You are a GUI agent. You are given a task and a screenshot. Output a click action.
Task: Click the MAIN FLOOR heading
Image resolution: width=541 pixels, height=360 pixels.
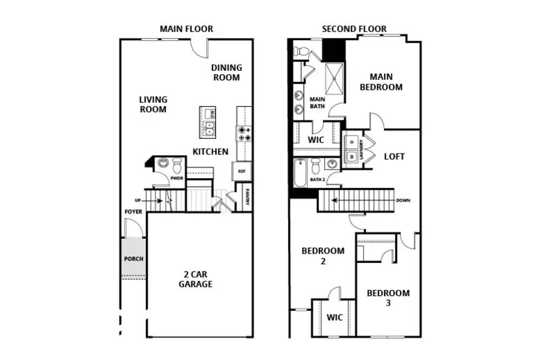pos(186,29)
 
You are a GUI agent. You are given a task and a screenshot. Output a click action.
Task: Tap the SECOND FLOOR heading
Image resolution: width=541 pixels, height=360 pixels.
pos(354,29)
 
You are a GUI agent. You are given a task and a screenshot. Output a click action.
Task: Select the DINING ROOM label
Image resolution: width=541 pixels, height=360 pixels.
pos(227,72)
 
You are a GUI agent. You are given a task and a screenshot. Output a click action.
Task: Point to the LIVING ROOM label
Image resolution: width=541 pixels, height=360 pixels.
pos(153,104)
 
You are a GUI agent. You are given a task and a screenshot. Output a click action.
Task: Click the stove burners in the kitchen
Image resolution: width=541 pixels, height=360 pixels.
pos(245,134)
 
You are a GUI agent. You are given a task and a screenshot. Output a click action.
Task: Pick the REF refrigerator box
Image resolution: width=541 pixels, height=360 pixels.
pos(242,171)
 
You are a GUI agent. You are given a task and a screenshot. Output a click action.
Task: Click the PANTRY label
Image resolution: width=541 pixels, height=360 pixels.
pos(247,197)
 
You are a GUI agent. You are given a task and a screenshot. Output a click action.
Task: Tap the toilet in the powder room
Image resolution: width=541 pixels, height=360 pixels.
pos(177,165)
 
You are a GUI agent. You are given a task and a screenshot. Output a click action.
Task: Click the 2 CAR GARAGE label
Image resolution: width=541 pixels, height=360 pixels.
pos(195,279)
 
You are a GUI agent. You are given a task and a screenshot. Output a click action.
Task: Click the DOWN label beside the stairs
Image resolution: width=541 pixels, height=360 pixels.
pos(404,201)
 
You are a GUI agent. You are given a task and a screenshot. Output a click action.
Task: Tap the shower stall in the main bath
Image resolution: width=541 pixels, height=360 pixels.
pos(334,78)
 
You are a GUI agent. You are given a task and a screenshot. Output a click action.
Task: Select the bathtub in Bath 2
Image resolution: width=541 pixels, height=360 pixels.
pos(300,172)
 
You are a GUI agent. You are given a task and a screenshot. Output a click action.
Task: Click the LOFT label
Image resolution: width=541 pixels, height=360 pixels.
pos(394,157)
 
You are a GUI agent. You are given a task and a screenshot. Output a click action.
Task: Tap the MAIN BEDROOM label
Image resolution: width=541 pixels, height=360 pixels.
pos(381,82)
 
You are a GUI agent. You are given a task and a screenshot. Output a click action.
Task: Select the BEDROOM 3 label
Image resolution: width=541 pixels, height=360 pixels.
pos(388,298)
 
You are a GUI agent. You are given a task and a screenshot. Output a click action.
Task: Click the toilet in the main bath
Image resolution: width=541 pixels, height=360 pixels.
pos(301,51)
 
